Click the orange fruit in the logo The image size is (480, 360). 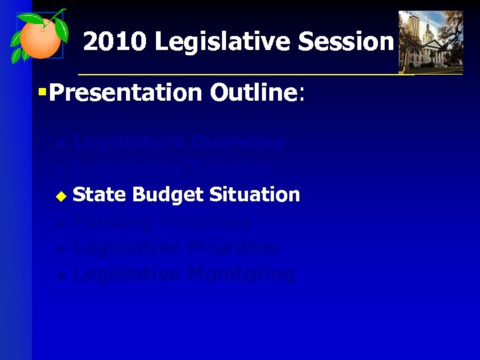(x=38, y=39)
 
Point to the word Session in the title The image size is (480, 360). (x=347, y=42)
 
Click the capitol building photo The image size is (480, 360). (x=430, y=41)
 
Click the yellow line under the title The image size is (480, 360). (x=267, y=74)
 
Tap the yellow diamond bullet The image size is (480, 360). (x=61, y=196)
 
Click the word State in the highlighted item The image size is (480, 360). (x=99, y=195)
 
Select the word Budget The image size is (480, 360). (x=168, y=195)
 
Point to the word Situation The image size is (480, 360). (x=254, y=195)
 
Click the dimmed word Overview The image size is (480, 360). (x=237, y=142)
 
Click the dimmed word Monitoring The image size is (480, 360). (x=241, y=274)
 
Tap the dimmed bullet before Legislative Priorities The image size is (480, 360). (x=61, y=249)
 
